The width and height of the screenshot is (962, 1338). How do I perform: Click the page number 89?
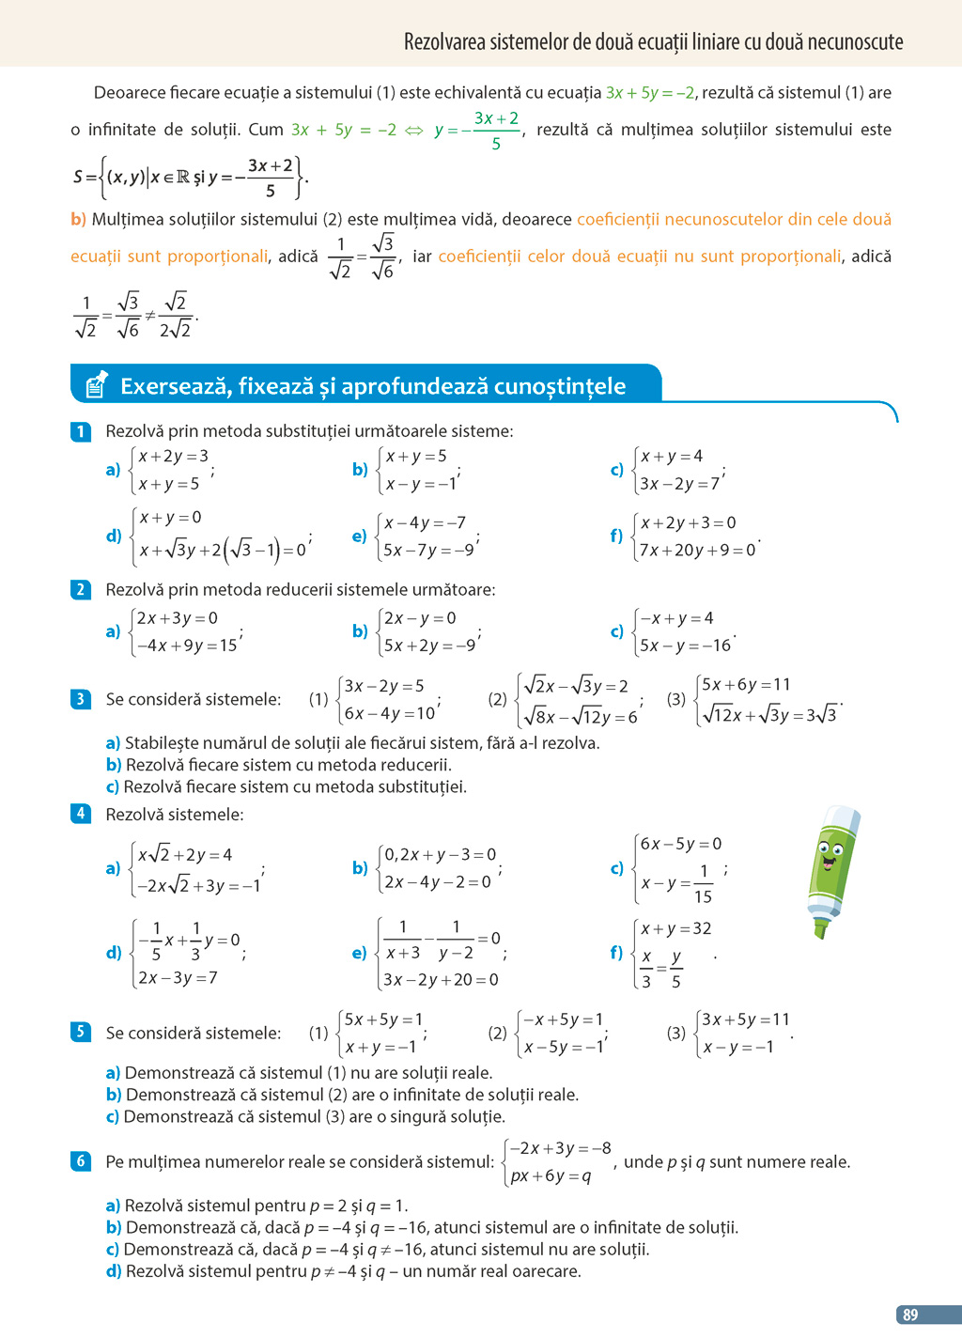coord(909,1315)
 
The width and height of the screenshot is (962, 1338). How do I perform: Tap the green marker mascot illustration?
coord(831,869)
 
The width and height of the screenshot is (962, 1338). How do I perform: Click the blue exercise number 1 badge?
coord(81,431)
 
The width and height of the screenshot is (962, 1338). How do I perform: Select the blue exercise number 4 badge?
coord(81,814)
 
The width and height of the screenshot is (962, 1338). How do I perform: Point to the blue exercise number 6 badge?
coord(81,1161)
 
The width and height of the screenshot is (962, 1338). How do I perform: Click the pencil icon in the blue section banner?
coord(97,384)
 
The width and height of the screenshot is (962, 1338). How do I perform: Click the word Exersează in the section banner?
coord(175,386)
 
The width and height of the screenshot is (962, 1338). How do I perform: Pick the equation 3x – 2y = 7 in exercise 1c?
coord(679,484)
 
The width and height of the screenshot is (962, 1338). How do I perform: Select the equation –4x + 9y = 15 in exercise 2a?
coord(186,646)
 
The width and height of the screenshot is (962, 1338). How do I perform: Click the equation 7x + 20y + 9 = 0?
coord(697,550)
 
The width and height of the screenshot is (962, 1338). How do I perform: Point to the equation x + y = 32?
coord(675,928)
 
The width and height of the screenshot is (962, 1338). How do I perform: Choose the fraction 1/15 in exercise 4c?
coord(703,883)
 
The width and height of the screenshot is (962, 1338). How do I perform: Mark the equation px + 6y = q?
coord(551,1175)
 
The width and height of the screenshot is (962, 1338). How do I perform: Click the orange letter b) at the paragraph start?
coord(78,219)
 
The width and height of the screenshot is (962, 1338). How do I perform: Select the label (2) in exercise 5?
coord(497,1033)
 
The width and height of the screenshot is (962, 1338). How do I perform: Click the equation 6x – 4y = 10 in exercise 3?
coord(389,713)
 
